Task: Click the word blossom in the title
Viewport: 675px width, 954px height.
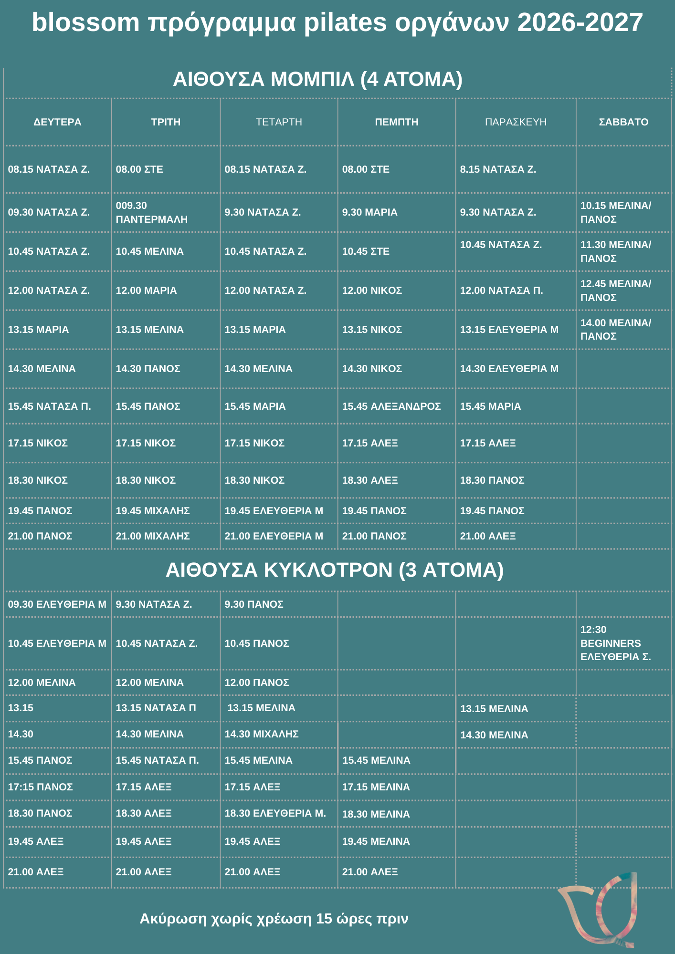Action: coord(86,22)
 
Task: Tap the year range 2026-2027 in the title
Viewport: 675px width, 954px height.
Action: coord(580,22)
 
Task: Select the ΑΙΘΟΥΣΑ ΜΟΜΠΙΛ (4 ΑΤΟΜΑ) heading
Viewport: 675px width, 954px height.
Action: coord(317,79)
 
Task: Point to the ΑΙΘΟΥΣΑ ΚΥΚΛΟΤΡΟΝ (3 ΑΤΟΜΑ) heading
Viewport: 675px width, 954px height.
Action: coord(334,570)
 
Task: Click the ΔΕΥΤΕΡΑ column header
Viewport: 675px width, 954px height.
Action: coord(57,122)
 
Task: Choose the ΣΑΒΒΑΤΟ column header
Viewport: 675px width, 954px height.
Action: coord(623,122)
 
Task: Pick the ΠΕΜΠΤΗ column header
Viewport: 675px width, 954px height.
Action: coord(396,122)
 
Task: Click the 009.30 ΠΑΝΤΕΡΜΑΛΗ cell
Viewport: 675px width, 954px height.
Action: coord(151,212)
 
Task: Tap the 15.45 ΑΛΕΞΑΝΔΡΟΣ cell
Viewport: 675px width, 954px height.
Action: coord(391,406)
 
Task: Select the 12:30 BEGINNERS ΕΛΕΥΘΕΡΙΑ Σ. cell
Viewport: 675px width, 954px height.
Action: coord(615,643)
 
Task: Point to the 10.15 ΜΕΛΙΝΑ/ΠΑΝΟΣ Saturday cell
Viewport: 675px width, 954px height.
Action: coord(615,212)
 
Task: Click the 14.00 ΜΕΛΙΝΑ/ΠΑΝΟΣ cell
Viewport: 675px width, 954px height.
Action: coord(615,330)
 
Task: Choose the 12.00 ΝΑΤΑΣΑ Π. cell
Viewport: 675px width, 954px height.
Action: coord(501,290)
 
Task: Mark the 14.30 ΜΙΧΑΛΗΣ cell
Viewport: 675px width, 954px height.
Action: coord(262,734)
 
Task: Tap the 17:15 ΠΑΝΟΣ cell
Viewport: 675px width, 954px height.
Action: coord(41,787)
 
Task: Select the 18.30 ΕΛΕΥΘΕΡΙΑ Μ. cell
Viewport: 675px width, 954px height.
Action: coord(275,813)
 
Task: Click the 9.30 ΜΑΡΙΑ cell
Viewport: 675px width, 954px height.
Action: coord(369,212)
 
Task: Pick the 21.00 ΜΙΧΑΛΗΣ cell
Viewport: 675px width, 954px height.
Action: coord(153,536)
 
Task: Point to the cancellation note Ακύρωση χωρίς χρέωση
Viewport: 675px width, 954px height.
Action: coord(274,918)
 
